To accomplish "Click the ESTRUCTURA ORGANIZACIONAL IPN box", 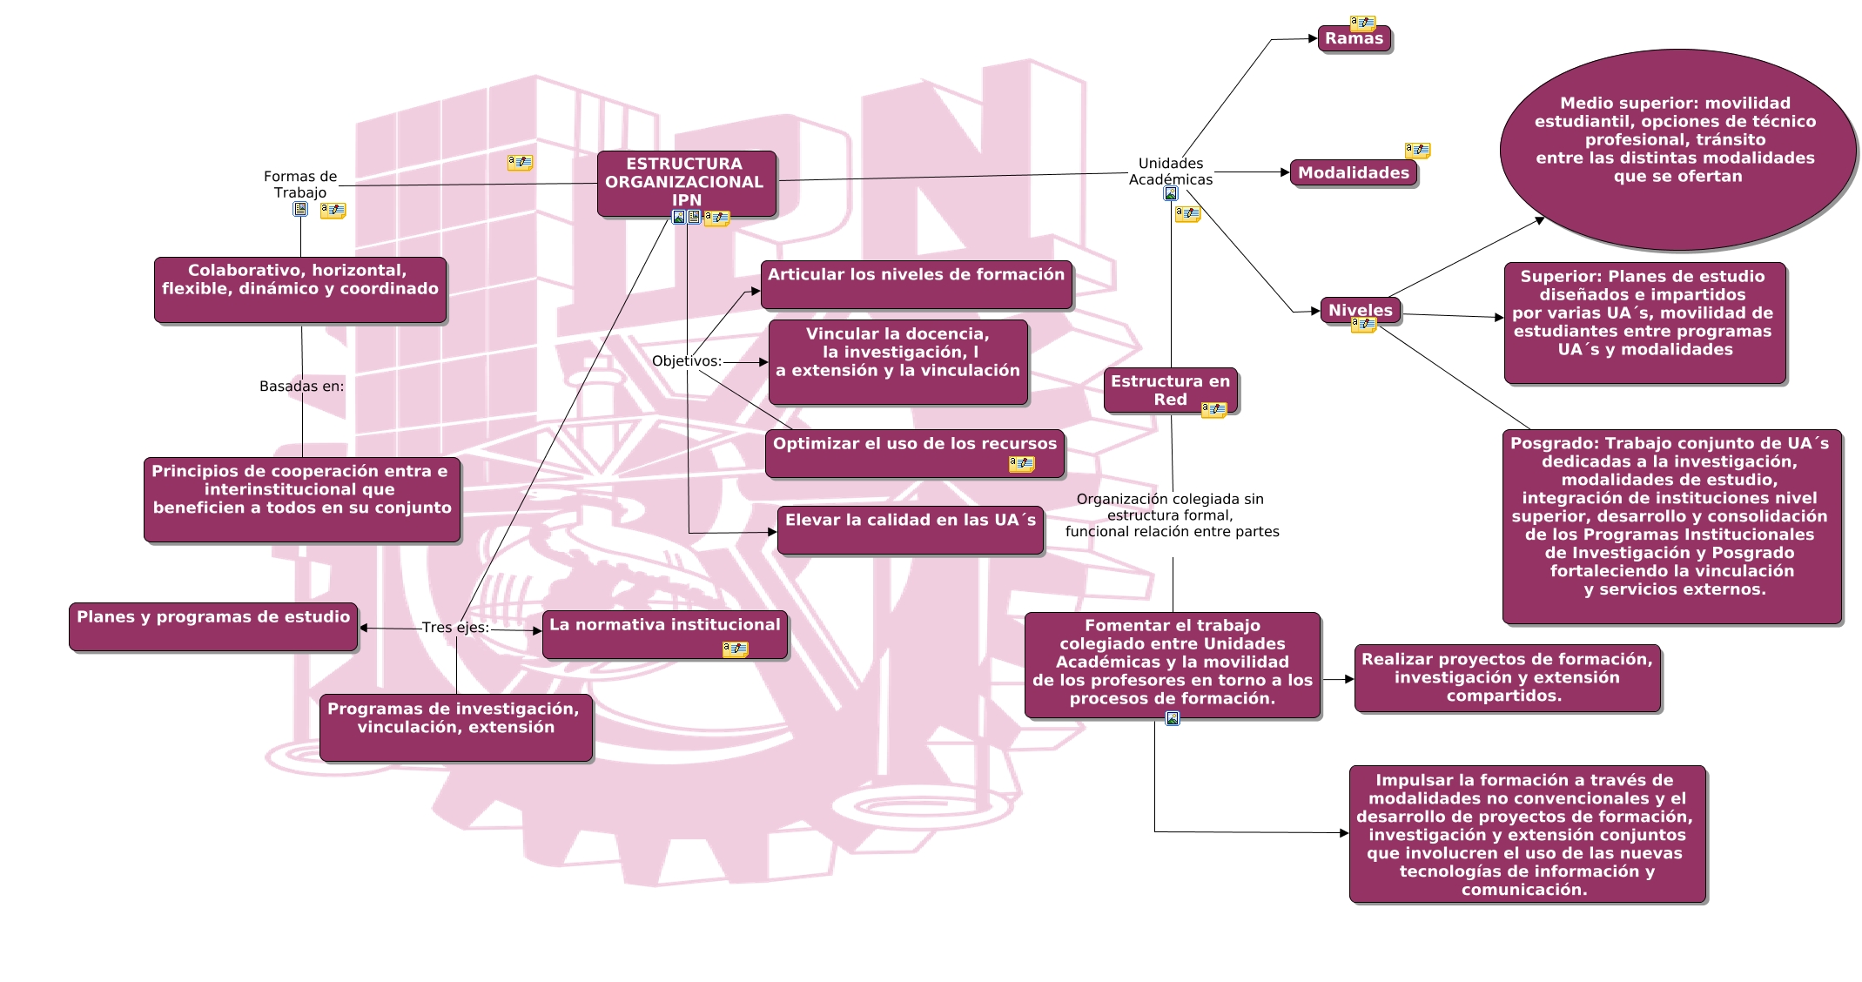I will tap(686, 182).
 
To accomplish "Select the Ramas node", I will tap(1354, 39).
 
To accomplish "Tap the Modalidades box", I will tap(1353, 173).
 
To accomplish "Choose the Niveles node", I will tap(1360, 310).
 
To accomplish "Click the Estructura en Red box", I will tap(1170, 389).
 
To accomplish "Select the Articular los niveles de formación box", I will tap(916, 284).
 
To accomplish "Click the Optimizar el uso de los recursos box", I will tap(914, 452).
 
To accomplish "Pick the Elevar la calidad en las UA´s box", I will tap(910, 529).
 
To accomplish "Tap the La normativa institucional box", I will tap(664, 633).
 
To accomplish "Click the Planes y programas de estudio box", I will tap(213, 626).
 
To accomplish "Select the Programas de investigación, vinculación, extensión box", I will tap(455, 726).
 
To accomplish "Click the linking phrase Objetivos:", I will tap(687, 361).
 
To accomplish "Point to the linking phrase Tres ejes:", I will tap(455, 628).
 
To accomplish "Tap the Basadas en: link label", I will tap(301, 387).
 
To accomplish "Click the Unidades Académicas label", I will tap(1171, 172).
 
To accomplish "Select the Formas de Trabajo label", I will tap(300, 185).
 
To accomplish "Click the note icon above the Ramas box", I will tap(1362, 23).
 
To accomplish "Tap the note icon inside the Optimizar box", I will tap(1021, 464).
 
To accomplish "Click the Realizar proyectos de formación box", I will tap(1507, 677).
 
